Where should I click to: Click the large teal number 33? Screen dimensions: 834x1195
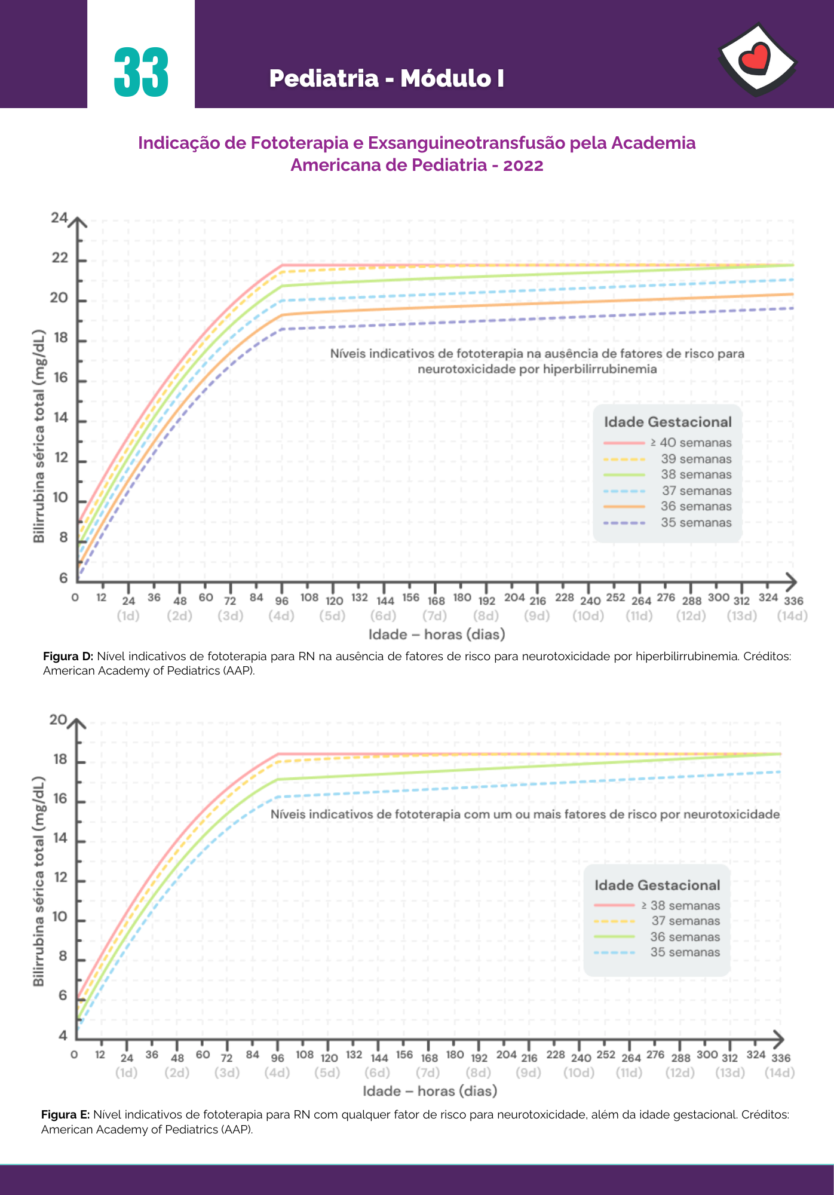142,73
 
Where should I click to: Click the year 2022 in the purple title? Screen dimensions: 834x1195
523,165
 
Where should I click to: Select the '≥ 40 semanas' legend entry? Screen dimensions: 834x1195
691,443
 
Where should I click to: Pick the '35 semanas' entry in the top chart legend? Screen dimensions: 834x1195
696,523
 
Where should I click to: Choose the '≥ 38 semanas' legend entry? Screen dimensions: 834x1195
680,906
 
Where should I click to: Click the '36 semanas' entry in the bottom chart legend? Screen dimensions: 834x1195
685,937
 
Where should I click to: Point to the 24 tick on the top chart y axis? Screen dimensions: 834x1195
59,218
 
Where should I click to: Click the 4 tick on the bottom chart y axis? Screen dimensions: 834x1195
63,1036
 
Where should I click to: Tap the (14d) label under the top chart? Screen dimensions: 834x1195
792,616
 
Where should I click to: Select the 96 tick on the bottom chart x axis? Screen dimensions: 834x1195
278,1058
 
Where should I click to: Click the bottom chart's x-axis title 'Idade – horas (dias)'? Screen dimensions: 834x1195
430,1091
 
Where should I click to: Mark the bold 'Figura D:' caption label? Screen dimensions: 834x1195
68,656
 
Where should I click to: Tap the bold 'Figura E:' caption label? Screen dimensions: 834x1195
66,1114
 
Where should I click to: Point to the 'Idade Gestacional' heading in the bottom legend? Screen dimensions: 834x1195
657,885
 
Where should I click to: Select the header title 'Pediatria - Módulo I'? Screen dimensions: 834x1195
387,78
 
